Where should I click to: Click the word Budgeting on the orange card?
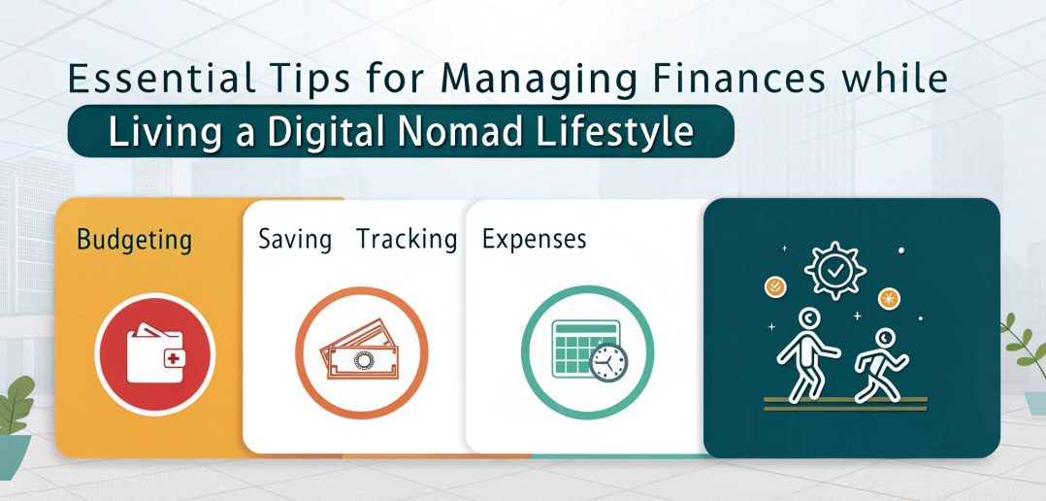135,240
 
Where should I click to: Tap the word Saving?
295,239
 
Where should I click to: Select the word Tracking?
407,239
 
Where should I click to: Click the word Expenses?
534,239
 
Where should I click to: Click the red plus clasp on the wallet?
173,359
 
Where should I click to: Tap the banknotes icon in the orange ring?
360,350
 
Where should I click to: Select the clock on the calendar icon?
608,363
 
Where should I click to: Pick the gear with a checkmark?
834,270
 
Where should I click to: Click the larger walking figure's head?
809,319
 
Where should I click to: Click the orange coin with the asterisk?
889,299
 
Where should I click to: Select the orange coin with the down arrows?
775,287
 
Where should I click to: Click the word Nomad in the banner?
458,131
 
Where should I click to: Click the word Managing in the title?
503,80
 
